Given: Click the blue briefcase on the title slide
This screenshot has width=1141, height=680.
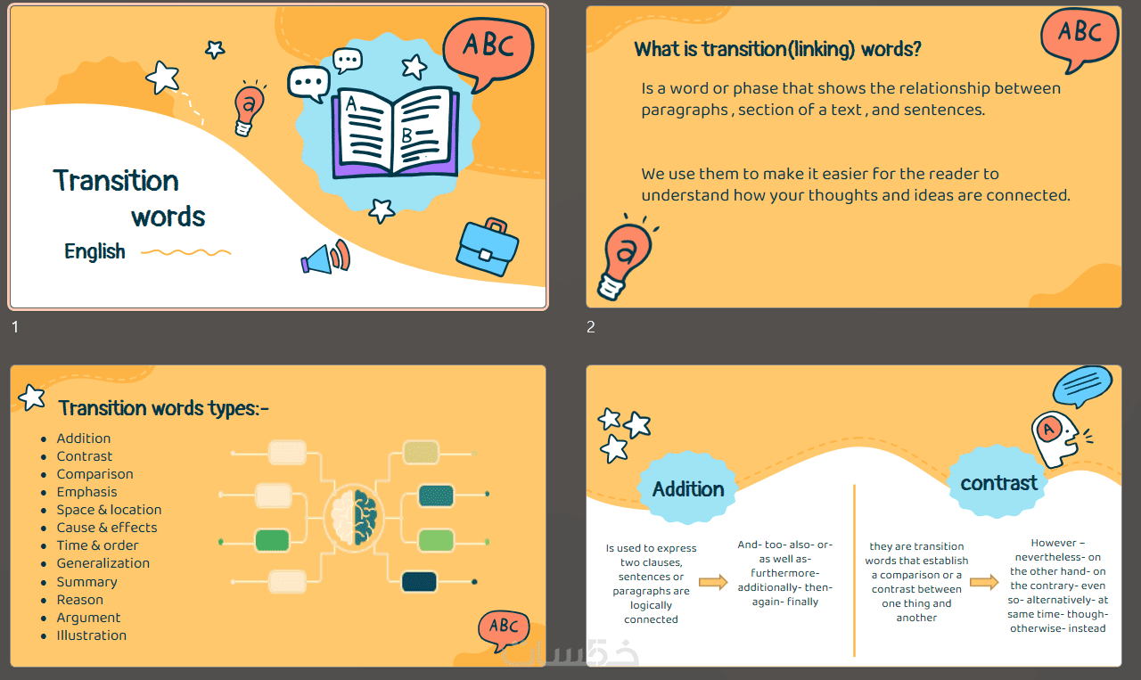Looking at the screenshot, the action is pos(487,248).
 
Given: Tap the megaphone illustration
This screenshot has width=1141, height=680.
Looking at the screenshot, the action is pos(325,257).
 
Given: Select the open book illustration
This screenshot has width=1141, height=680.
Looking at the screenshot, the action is pos(395,132).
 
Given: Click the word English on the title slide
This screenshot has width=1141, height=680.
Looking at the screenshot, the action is pos(94,251).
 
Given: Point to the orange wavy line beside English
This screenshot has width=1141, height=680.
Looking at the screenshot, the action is pos(186,252).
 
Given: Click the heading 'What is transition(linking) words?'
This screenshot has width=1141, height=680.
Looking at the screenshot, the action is pos(777,49).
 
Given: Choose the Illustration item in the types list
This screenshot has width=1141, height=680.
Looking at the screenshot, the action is pos(91,635).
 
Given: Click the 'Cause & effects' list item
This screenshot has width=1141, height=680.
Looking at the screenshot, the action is pos(107,528).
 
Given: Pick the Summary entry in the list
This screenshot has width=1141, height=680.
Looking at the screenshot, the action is pos(86,582).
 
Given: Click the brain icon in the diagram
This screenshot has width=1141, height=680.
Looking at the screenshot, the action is pos(354,517).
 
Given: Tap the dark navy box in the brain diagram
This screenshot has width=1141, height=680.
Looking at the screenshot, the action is pos(419,582).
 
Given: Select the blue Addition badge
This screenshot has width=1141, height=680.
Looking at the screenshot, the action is pos(687,488).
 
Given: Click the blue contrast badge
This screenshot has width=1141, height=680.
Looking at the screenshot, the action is pos(998,482).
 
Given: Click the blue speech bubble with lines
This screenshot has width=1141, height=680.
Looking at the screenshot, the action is pos(1082,386).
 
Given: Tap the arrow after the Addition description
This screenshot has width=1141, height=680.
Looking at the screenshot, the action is pos(713,582).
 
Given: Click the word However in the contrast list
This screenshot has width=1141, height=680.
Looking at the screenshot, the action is pos(1053,543).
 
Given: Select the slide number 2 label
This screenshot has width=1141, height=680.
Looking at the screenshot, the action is pos(591,327).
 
